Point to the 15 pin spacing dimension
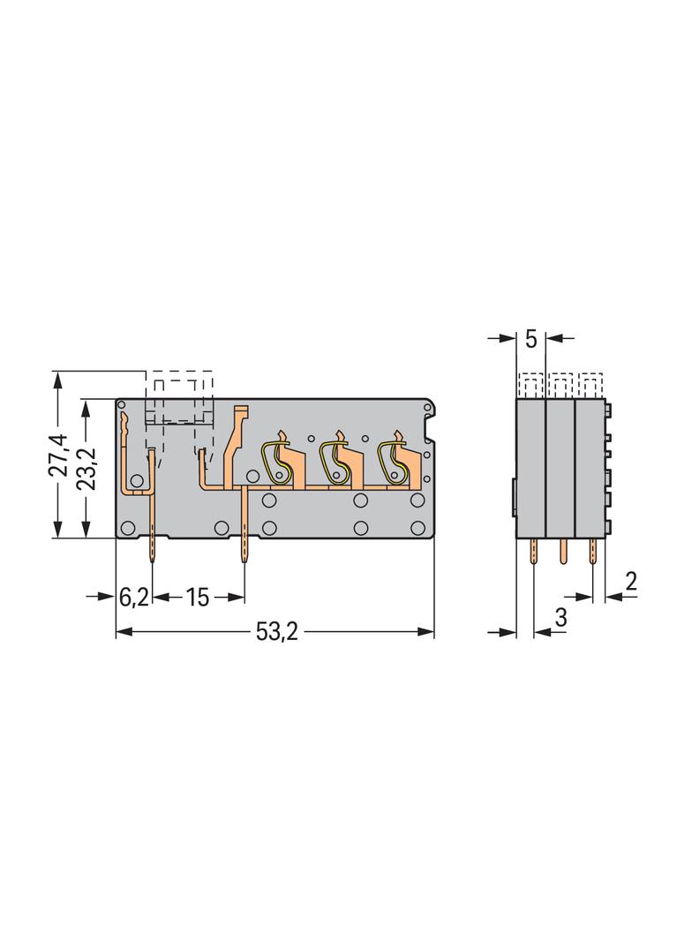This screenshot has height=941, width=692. (x=197, y=597)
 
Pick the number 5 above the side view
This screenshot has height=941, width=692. (x=530, y=339)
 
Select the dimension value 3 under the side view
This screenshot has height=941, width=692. (x=560, y=618)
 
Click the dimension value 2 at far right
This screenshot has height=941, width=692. (x=630, y=582)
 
